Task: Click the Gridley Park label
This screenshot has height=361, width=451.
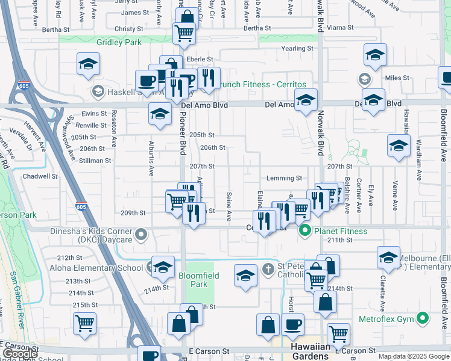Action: point(119,42)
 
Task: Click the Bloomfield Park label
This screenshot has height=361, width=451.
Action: point(199,279)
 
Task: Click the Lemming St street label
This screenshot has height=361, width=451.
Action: point(283,178)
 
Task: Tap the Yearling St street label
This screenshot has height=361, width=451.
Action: point(295,49)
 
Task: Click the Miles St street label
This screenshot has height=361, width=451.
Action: point(397,78)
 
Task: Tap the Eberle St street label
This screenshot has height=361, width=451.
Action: point(200,59)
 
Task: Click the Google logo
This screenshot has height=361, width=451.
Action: point(19,354)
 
